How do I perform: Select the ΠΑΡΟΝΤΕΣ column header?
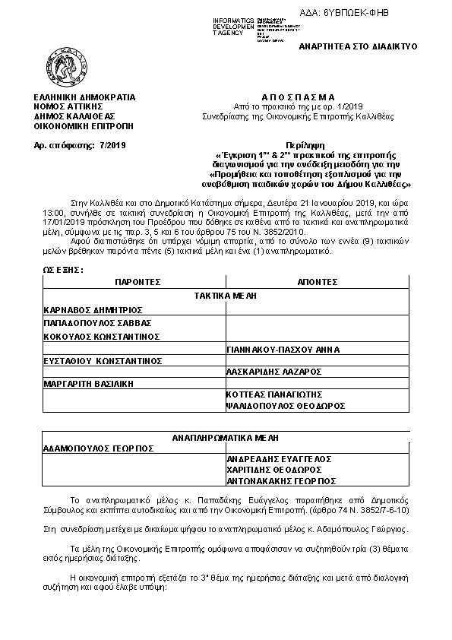coord(137,281)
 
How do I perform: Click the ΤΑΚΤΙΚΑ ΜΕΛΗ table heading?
coord(226,295)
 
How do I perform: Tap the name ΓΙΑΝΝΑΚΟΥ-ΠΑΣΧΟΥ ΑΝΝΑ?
coord(283,350)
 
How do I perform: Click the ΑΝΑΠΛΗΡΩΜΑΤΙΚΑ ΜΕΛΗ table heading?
coord(226,438)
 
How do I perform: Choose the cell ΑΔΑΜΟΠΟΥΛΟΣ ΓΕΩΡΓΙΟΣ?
coord(99,448)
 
